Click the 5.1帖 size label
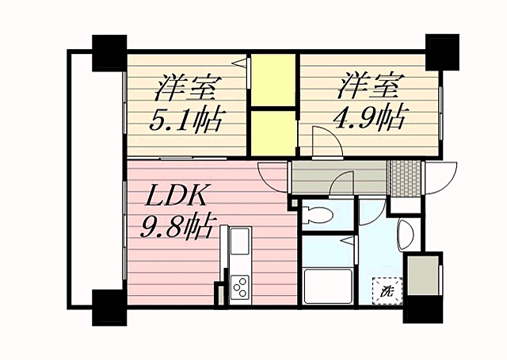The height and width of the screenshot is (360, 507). (x=187, y=120)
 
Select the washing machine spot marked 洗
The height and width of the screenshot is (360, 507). (x=387, y=290)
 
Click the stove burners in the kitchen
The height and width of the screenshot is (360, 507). (x=239, y=285)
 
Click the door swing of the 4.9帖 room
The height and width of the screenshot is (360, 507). (x=325, y=143)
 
